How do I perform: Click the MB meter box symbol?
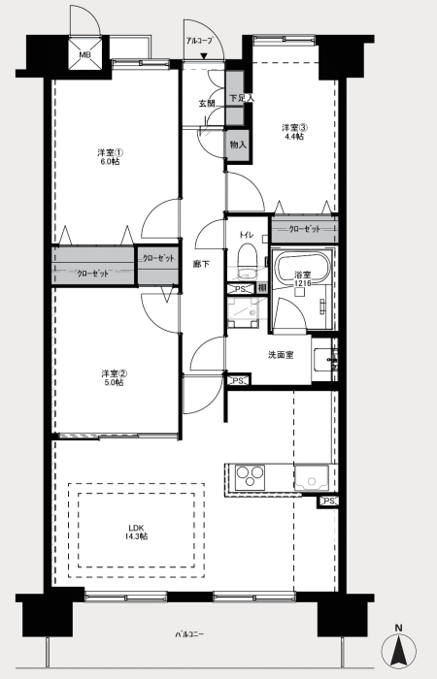(84, 54)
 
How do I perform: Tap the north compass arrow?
(399, 651)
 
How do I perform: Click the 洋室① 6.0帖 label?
(109, 157)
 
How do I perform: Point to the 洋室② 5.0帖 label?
(114, 377)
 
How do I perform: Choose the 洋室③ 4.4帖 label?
(294, 132)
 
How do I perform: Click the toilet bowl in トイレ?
(248, 259)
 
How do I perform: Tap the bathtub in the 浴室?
(303, 269)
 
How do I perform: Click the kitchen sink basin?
(312, 477)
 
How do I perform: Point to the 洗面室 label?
(281, 355)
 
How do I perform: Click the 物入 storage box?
(238, 145)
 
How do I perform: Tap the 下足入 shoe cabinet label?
(242, 99)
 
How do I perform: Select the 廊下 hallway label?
(202, 264)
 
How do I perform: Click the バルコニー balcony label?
(189, 634)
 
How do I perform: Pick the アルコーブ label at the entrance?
(199, 41)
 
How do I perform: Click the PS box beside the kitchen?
(328, 501)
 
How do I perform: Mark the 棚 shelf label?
(262, 288)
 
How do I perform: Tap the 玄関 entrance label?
(207, 104)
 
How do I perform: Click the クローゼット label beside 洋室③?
(305, 229)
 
